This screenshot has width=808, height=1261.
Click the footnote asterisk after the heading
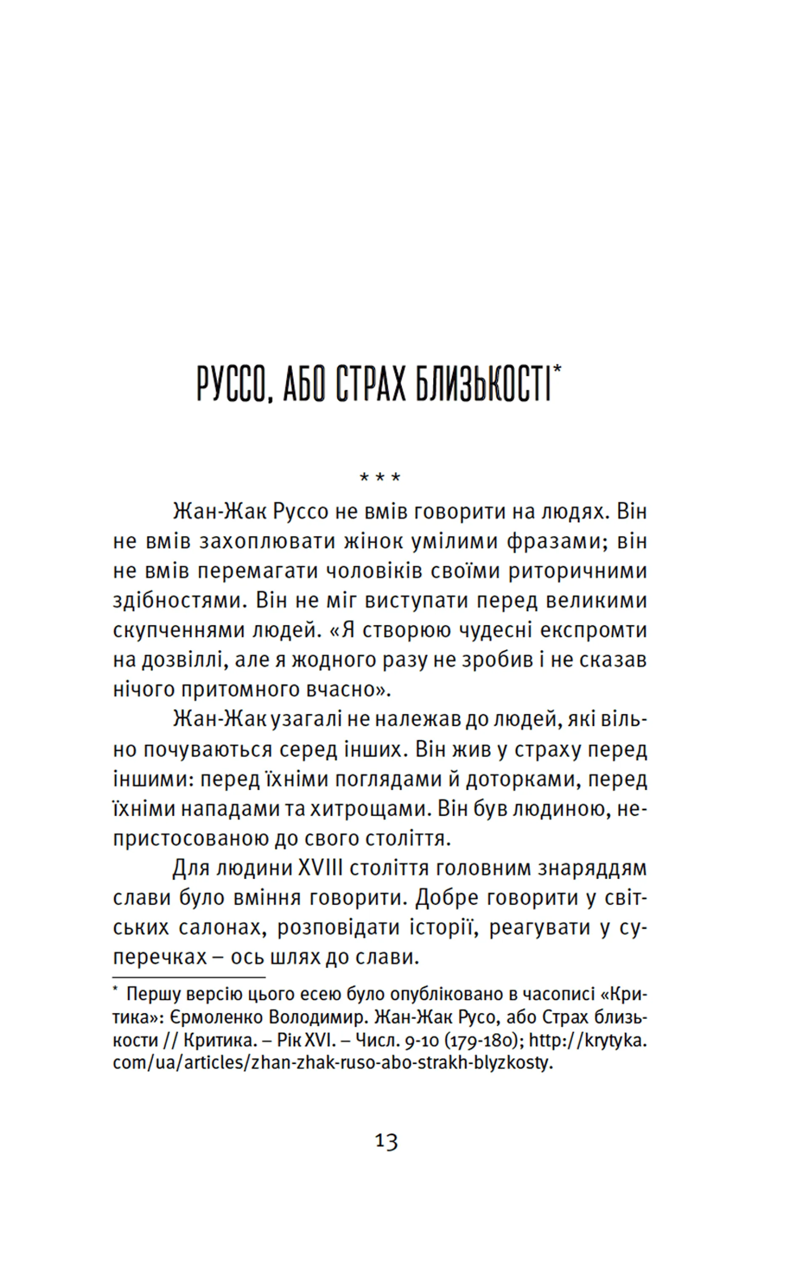(557, 368)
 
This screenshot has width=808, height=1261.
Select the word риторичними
(578, 571)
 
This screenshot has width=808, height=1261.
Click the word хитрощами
(367, 809)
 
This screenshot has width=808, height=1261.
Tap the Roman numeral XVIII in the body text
(320, 869)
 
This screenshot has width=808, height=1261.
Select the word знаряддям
(593, 869)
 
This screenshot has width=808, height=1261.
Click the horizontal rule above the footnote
(189, 978)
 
